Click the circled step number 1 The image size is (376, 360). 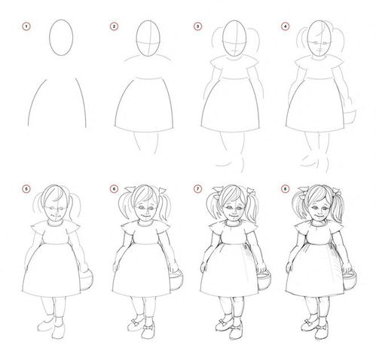point(26,26)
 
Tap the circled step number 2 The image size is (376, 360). point(114,26)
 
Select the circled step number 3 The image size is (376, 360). point(197,26)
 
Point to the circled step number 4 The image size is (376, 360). point(285,26)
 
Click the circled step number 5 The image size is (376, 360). point(26,189)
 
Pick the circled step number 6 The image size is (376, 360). point(114,189)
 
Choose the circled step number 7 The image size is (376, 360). point(197,189)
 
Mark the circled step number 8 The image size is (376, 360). point(285,189)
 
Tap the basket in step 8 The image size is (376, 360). point(350,280)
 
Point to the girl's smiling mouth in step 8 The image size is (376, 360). point(319,216)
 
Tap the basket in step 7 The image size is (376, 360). point(264,280)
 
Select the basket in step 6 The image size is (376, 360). point(177,280)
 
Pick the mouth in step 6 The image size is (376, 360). point(145,216)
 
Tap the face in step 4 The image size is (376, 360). point(319,40)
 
